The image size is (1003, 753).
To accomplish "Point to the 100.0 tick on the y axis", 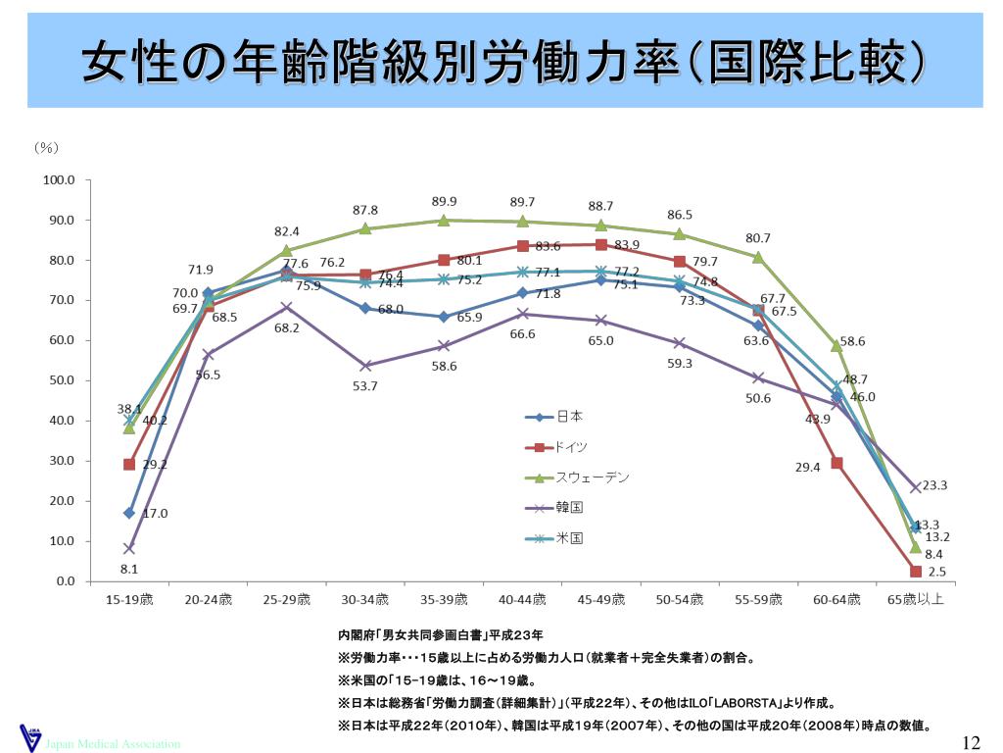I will [59, 180].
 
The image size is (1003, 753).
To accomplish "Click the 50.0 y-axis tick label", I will [59, 380].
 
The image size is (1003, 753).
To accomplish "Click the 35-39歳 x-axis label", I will [443, 599].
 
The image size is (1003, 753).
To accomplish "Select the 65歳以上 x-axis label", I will [915, 599].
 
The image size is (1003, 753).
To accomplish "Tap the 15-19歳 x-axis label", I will [129, 599].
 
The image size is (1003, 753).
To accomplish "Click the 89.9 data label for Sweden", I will [445, 201].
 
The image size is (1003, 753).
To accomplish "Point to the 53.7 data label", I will [365, 386].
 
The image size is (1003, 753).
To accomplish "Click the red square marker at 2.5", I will [915, 572].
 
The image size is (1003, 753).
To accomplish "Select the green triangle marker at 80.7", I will [758, 257].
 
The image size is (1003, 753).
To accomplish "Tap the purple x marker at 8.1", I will [129, 548].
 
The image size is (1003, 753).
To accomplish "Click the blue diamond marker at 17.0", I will [129, 513].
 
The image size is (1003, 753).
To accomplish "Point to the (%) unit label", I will [47, 148].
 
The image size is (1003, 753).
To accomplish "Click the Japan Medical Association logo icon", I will [29, 737].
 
